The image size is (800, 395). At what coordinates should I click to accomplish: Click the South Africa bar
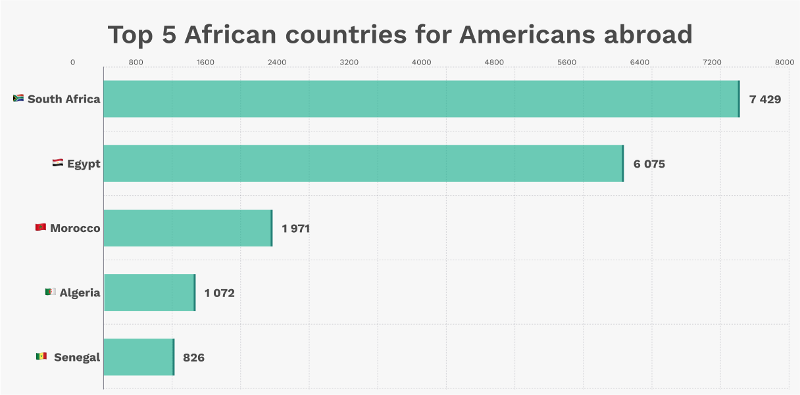pos(421,99)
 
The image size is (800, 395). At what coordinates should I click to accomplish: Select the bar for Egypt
pos(363,164)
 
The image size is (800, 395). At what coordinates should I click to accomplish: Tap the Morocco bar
pos(187,228)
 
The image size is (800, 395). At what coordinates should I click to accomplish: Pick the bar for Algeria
pos(149,292)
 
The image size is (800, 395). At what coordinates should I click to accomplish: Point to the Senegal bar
pos(139,357)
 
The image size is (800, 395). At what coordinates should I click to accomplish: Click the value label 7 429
pos(764,99)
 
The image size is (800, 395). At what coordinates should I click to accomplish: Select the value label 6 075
pos(649,164)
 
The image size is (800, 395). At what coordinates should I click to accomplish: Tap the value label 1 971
pos(295,229)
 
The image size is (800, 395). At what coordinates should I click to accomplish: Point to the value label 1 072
pos(219,293)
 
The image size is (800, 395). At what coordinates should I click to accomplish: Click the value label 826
pos(193,358)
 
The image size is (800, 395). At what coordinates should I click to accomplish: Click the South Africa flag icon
pos(18,99)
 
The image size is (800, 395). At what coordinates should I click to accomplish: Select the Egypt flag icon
pos(58,163)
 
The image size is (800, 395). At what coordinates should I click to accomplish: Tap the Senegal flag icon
pos(41,356)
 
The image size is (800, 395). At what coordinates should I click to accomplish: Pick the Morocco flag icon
pos(41,227)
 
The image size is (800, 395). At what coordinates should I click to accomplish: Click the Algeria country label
pos(80,293)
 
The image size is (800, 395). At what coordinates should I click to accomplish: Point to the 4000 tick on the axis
pos(421,62)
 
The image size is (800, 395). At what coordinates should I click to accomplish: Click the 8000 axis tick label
pos(784,62)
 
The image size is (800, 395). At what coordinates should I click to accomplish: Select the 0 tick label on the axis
pos(72,62)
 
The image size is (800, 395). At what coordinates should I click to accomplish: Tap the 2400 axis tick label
pos(276,62)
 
